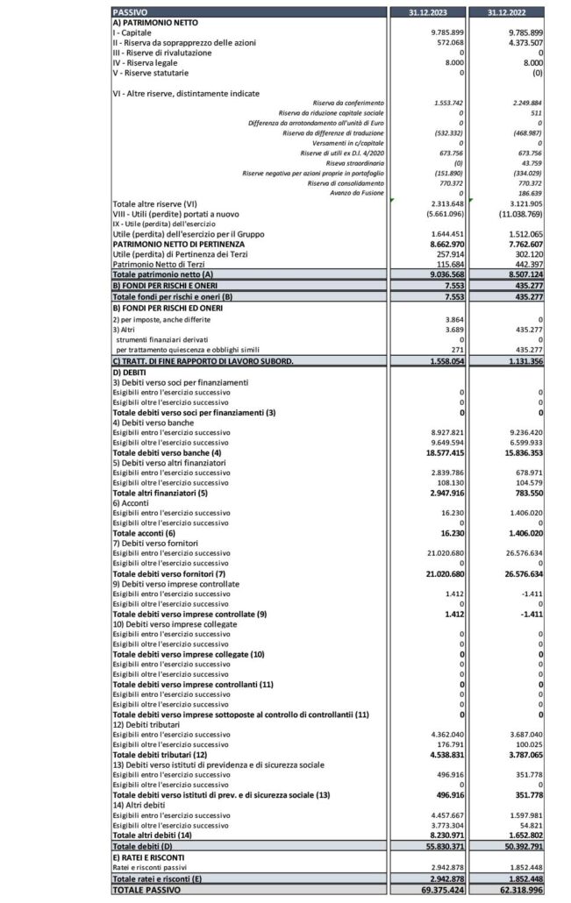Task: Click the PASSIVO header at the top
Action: tap(131, 11)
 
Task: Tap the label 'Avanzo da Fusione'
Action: tap(358, 193)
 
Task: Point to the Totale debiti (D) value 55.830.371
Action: tap(443, 848)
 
